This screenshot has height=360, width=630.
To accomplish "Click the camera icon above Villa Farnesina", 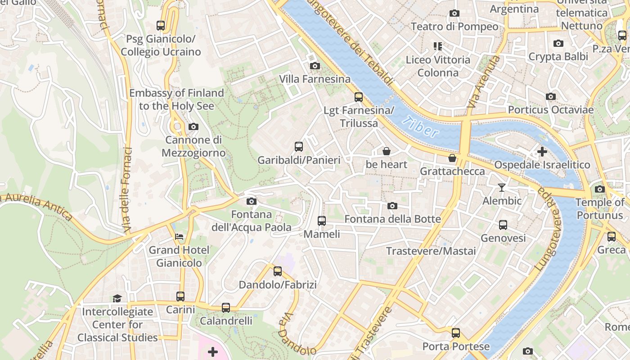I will [x=315, y=66].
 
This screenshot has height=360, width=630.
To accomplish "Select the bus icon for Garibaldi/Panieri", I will [x=299, y=147].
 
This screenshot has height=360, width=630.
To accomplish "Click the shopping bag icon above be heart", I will [x=386, y=151].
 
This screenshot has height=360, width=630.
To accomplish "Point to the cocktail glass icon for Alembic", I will [x=502, y=188].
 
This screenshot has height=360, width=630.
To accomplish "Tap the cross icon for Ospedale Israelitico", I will [x=542, y=152].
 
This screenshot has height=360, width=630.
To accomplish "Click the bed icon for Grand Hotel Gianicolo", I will [x=179, y=237].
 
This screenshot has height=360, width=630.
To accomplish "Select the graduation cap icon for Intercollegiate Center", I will [x=117, y=298].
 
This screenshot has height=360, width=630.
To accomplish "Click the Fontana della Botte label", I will [x=392, y=219].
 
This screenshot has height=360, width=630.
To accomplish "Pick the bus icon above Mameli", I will [x=322, y=221].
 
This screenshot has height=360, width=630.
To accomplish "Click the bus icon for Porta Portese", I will [x=456, y=333].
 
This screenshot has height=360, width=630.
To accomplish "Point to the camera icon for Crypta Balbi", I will [x=558, y=44].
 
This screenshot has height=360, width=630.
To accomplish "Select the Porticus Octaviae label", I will [x=551, y=110].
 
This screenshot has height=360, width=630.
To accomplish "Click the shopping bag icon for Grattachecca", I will [x=452, y=158].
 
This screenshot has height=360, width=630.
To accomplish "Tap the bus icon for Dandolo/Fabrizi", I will [x=278, y=271].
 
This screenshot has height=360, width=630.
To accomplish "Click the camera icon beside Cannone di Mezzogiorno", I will [x=193, y=127].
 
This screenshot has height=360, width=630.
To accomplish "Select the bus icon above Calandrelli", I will [x=226, y=308].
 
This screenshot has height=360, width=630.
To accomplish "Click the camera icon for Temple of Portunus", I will [x=600, y=189].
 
